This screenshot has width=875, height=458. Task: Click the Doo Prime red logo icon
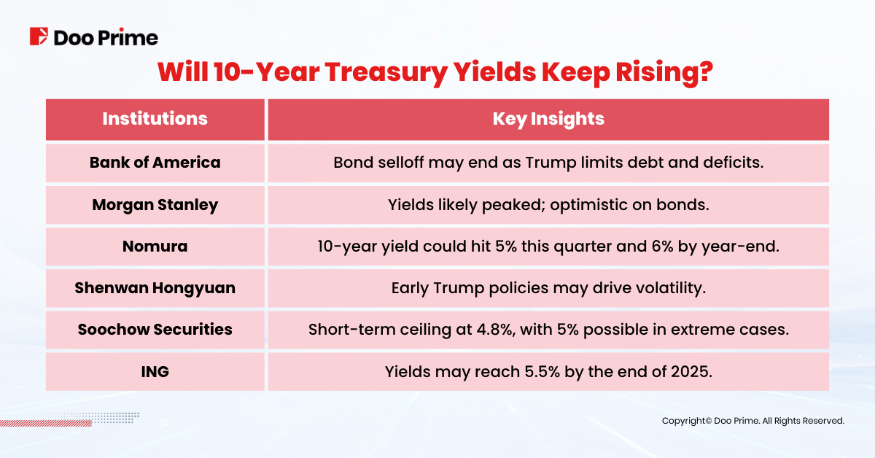pyautogui.click(x=39, y=36)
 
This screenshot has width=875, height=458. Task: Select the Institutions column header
pyautogui.click(x=155, y=119)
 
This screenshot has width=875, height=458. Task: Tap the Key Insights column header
pyautogui.click(x=548, y=119)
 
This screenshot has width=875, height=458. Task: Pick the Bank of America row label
pyautogui.click(x=155, y=162)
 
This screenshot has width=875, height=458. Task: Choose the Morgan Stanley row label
pyautogui.click(x=155, y=205)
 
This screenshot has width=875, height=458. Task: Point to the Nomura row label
pyautogui.click(x=155, y=247)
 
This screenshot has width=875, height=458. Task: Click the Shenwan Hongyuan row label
pyautogui.click(x=155, y=288)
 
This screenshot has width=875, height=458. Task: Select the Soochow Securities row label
pyautogui.click(x=155, y=330)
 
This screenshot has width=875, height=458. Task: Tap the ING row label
pyautogui.click(x=155, y=371)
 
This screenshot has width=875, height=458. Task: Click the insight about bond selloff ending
pyautogui.click(x=548, y=162)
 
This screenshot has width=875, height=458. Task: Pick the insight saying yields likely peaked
pyautogui.click(x=548, y=205)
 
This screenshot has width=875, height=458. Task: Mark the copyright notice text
pyautogui.click(x=752, y=421)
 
